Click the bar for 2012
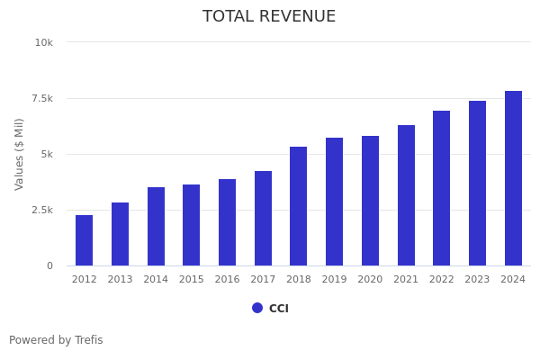pos(84,240)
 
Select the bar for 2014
pos(156,227)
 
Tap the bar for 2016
pos(227,222)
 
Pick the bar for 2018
pos(299,206)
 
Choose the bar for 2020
pos(370,201)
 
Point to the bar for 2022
pos(442,188)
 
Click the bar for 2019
pos(335,202)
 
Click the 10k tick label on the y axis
pos(44,42)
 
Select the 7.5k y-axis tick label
pos(41,98)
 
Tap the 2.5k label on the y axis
pos(41,210)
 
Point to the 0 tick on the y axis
pos(49,265)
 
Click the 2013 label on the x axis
pos(120,280)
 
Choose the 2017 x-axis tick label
pos(263,280)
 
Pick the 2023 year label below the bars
pos(477,280)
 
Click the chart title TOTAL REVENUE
pos(269,17)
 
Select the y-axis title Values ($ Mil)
pos(20,154)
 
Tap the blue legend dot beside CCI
pos(257,308)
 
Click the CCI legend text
pos(279,309)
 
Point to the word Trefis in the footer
pos(88,340)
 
